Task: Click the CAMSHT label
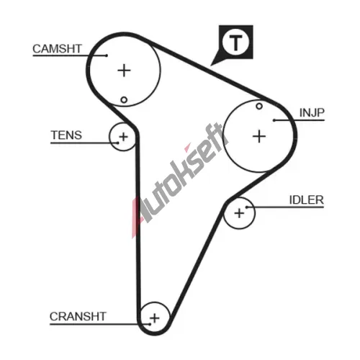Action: pos(57,49)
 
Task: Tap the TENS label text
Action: pos(66,135)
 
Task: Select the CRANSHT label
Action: pos(78,316)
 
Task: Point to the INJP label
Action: pos(312,112)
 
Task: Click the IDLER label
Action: pos(307,200)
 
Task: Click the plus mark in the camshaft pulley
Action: pos(124,71)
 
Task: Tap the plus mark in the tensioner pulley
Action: pos(123,137)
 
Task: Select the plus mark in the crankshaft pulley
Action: pos(155,318)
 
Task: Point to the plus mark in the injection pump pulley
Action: pos(259,136)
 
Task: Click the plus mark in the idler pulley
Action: pos(239,213)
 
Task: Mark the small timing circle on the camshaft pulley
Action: pos(124,99)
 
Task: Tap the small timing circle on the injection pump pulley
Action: pos(259,106)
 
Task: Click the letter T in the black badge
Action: pos(235,42)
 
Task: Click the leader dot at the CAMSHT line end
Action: pos(107,55)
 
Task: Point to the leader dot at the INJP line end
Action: pos(274,120)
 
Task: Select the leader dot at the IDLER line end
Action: pos(246,207)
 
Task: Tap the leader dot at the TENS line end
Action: pos(118,143)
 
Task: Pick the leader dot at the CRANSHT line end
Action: pos(150,324)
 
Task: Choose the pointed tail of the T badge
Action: pos(211,66)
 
